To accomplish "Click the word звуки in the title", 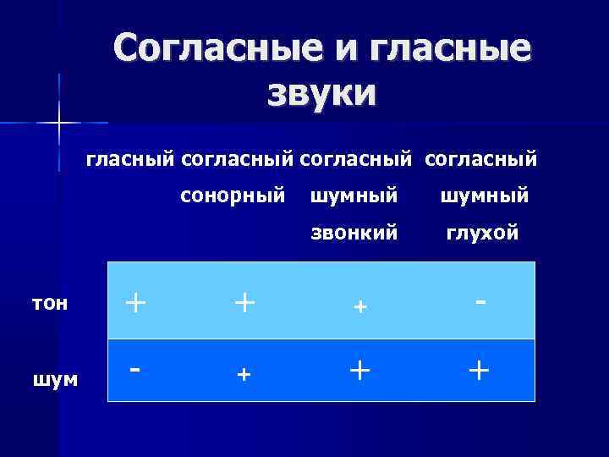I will click(321, 91).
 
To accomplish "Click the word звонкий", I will click(354, 234).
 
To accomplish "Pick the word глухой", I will click(482, 234).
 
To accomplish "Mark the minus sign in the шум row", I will click(134, 371).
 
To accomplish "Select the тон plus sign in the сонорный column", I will click(244, 302).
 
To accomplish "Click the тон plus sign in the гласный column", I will click(134, 302).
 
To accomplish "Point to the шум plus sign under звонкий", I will click(360, 370).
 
